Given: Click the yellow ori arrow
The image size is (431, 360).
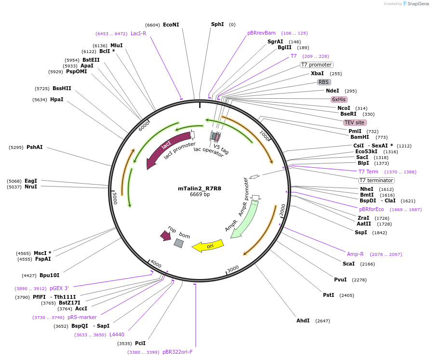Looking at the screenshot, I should pos(208,246).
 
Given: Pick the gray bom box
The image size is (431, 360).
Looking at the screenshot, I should pos(179,243).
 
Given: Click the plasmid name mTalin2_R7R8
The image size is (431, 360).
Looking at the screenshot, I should pos(200,188).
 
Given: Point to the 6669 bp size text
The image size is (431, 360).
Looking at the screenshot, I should pos(200,195).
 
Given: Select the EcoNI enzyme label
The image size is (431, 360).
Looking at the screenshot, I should pos(171,25).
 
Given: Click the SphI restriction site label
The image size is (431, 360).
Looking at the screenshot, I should pos(217,24).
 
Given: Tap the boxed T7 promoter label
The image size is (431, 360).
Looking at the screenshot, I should pos(317,65).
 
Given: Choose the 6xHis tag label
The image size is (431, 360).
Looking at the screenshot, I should pos(339,99).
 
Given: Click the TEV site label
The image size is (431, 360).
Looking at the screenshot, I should pos(354,122).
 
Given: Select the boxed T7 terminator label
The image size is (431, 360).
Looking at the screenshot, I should pos(377,180).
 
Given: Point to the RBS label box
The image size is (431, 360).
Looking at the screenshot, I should pos(324,82).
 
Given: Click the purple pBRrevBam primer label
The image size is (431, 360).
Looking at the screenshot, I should pos(261,33).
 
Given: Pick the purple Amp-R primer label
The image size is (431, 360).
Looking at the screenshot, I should pos(355,254).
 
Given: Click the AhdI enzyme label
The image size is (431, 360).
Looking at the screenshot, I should pos(303,320).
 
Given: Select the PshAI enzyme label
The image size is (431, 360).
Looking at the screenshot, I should pos(34,147).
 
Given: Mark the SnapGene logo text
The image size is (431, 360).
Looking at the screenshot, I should pos(418,4).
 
